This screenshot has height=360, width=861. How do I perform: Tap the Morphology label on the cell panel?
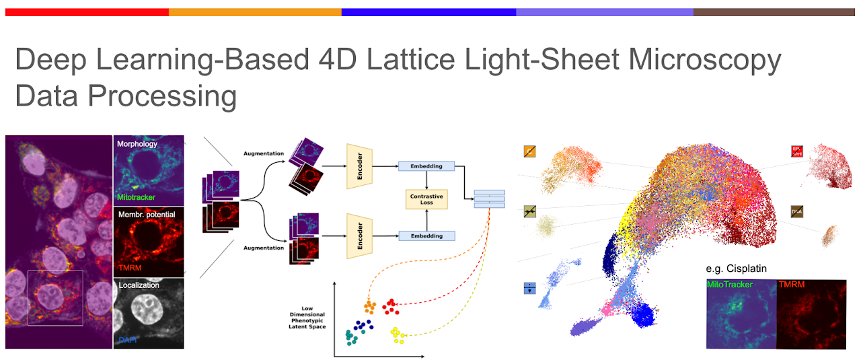[x=137, y=144]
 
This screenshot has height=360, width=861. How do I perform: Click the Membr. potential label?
[x=147, y=214]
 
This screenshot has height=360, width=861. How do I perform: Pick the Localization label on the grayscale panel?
[x=139, y=285]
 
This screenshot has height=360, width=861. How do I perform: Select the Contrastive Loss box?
[x=426, y=199]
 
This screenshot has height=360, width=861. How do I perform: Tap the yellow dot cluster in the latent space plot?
[x=398, y=334]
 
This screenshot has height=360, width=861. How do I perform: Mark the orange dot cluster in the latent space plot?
[x=369, y=307]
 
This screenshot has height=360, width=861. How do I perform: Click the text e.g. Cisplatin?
[x=737, y=268]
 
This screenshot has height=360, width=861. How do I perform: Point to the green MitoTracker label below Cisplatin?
[x=730, y=285]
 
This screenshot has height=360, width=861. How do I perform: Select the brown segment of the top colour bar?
[x=774, y=12]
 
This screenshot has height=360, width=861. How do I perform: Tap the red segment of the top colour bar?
[x=87, y=12]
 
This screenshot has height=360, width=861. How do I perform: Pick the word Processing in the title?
[x=163, y=96]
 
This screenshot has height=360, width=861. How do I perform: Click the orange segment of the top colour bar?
[x=255, y=12]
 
